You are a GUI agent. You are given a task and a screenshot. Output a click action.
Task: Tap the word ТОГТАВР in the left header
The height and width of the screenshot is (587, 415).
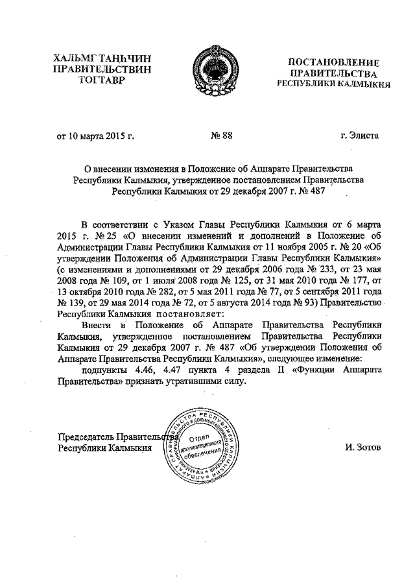(98, 80)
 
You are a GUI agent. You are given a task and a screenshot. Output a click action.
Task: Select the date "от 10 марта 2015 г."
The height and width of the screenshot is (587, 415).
(95, 136)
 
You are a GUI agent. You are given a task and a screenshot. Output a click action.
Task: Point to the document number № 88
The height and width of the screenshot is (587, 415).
(222, 136)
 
